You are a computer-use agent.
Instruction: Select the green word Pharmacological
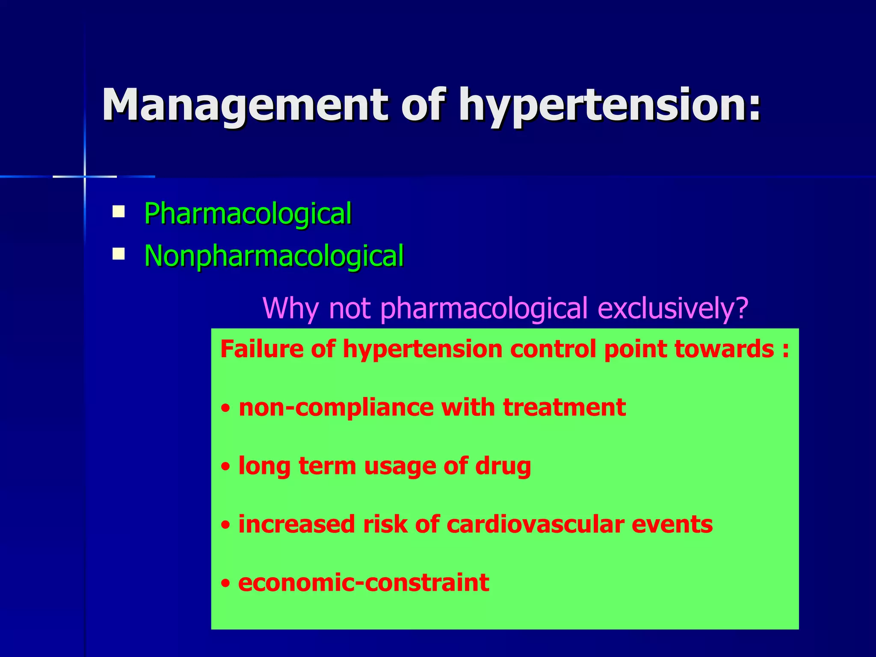(248, 213)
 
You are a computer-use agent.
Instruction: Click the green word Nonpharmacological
(274, 256)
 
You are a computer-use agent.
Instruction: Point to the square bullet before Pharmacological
(118, 212)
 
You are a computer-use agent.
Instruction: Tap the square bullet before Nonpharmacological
(118, 255)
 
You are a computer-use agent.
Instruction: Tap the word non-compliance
(336, 407)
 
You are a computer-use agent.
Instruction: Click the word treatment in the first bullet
(564, 407)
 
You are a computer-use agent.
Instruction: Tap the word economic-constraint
(364, 583)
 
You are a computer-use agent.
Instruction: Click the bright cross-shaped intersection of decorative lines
(85, 176)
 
